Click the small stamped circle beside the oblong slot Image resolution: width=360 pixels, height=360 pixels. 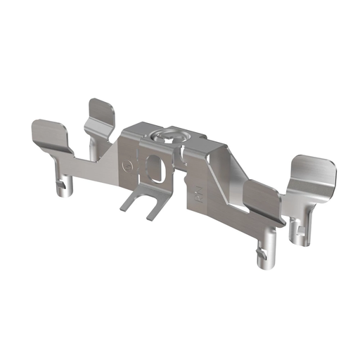[127, 167]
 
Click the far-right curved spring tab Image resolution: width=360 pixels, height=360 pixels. [313, 172]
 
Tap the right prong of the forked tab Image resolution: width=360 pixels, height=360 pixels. [154, 207]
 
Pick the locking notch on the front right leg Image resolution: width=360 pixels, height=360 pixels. [258, 251]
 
